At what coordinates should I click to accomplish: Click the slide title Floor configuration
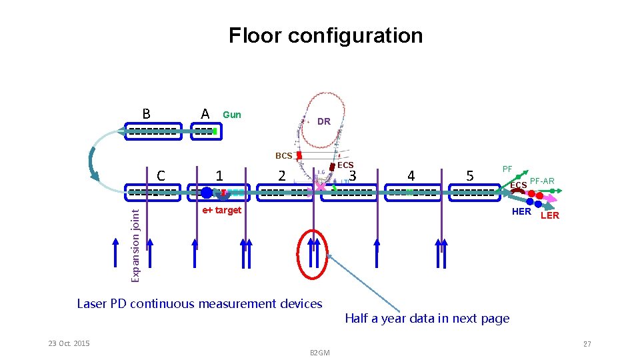(x=325, y=35)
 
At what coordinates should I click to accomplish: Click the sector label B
(x=146, y=113)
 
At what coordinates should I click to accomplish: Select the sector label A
(x=205, y=114)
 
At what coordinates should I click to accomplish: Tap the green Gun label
(x=232, y=115)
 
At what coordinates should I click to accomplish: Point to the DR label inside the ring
(x=324, y=122)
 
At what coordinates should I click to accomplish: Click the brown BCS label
(x=284, y=156)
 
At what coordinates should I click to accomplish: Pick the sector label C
(x=160, y=176)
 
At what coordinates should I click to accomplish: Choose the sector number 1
(x=219, y=176)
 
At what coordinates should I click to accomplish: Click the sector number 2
(x=282, y=176)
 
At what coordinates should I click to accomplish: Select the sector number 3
(x=354, y=175)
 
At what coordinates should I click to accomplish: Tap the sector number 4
(x=411, y=176)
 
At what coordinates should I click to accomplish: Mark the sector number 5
(x=470, y=176)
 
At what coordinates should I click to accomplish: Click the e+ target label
(x=221, y=211)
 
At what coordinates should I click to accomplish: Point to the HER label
(x=521, y=212)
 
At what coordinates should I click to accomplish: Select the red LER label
(x=550, y=215)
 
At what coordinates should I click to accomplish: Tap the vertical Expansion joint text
(x=135, y=244)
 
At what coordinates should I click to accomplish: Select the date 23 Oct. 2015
(x=69, y=343)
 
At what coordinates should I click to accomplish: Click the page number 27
(x=587, y=344)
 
